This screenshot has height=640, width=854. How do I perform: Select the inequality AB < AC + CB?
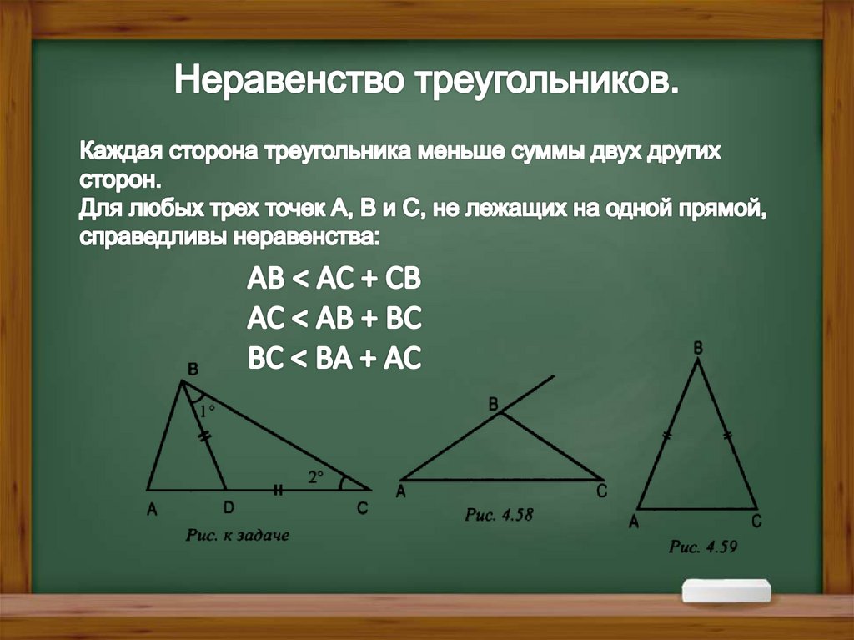tap(334, 280)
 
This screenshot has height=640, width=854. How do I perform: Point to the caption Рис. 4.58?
tap(499, 515)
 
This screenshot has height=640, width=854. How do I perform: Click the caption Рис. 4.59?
tap(703, 547)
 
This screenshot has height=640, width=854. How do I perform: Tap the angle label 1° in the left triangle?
tap(207, 410)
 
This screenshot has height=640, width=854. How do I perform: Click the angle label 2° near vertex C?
tap(314, 477)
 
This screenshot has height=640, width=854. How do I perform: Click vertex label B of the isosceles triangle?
tap(698, 345)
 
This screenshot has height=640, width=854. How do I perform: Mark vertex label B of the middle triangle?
tap(493, 405)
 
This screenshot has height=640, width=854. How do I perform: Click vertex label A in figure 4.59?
tap(635, 522)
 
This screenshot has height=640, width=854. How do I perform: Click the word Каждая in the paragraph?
tap(122, 155)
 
